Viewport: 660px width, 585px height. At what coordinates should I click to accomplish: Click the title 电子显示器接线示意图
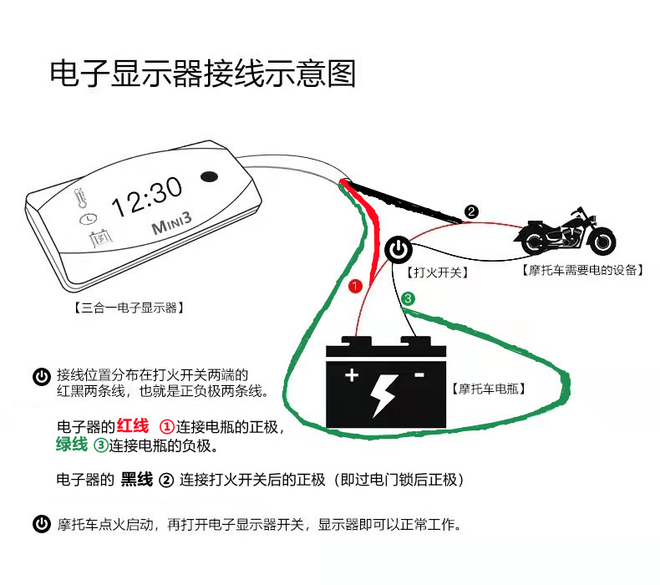[203, 74]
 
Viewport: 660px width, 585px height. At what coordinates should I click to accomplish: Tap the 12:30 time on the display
[146, 197]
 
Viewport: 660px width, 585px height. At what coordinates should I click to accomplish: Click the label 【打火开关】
[436, 272]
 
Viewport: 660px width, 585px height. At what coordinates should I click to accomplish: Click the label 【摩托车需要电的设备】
[581, 270]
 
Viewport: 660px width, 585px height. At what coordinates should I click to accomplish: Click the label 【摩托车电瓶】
[488, 388]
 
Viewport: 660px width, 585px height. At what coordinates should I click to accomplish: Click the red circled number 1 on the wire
[355, 287]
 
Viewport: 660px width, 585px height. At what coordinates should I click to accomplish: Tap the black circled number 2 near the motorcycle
[472, 211]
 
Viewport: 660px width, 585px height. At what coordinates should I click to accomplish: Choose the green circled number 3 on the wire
[408, 298]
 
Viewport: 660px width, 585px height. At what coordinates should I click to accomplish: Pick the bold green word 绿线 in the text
[71, 445]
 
